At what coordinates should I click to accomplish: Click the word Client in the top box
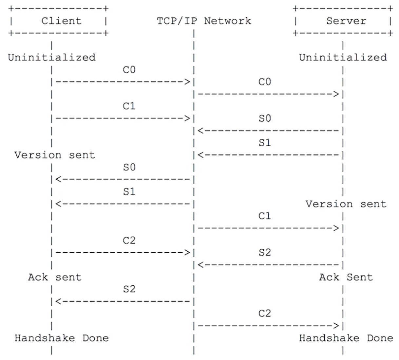tap(62, 21)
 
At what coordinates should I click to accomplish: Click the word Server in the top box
tap(346, 21)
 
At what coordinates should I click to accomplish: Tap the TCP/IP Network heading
tap(204, 21)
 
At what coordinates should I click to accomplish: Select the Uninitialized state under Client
tap(52, 58)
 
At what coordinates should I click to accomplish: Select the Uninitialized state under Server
tap(343, 58)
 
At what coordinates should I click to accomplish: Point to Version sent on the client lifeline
tap(55, 155)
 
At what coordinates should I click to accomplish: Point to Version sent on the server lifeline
tap(346, 204)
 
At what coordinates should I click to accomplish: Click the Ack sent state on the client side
tap(55, 277)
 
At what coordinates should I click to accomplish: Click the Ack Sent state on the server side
tap(346, 277)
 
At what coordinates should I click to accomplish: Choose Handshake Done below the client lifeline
tap(62, 338)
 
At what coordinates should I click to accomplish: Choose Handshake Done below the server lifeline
tap(346, 338)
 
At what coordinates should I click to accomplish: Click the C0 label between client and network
tap(129, 70)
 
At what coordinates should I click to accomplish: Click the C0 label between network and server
tap(265, 82)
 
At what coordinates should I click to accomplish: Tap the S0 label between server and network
tap(265, 118)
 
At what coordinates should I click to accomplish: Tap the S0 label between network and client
tap(129, 167)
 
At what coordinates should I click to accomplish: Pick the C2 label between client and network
tap(129, 241)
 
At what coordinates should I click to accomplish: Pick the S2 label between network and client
tap(129, 289)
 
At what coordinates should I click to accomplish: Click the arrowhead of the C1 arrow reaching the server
tap(336, 228)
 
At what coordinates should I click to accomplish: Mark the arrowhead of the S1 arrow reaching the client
tap(59, 204)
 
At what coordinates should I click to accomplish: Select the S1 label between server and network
tap(265, 143)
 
